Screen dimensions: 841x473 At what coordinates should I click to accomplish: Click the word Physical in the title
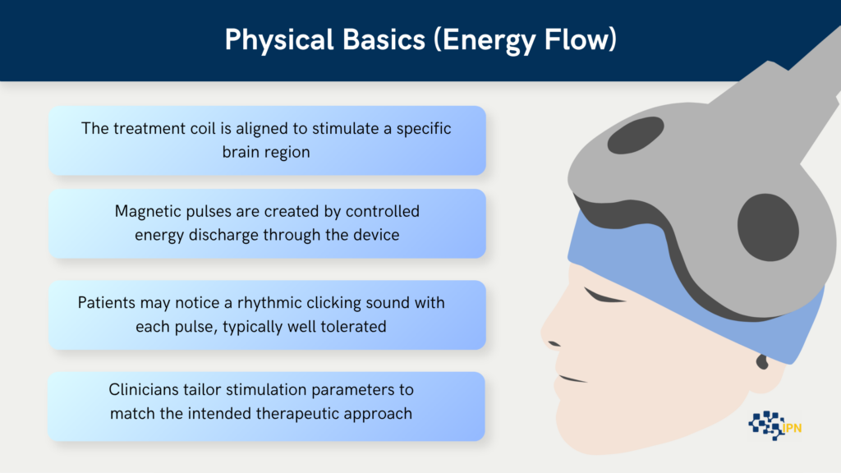pos(279,39)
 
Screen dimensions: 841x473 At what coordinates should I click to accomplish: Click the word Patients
pos(106,303)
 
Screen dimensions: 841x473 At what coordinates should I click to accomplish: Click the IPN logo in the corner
pos(775,426)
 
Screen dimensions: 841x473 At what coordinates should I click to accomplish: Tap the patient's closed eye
pos(604,296)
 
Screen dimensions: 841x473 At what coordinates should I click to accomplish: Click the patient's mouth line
pos(572,379)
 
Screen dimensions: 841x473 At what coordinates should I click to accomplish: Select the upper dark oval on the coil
pos(636,135)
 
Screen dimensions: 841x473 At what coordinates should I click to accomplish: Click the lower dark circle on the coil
pos(768,227)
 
